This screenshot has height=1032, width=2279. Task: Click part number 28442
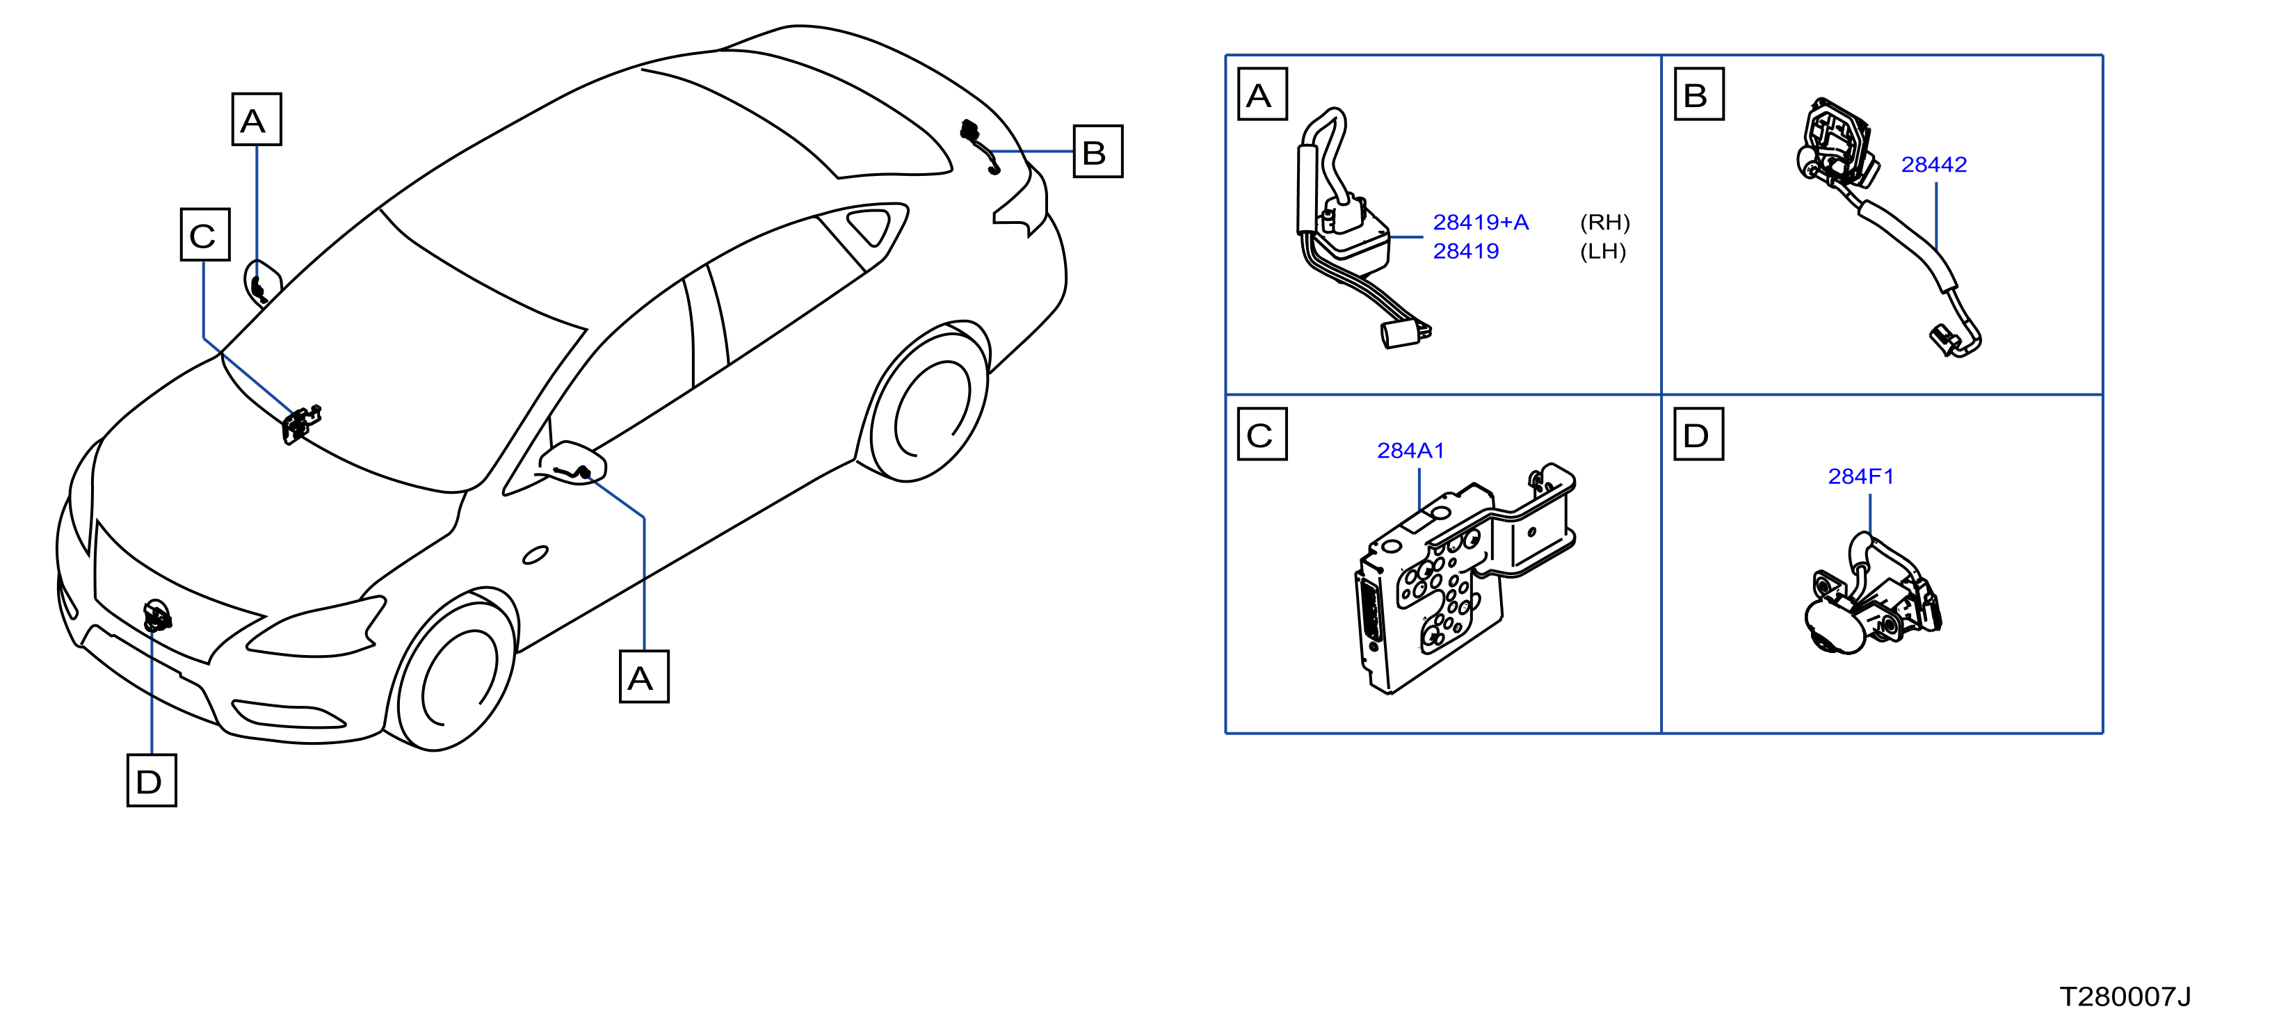(x=1933, y=165)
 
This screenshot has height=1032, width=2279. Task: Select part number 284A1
(x=1410, y=451)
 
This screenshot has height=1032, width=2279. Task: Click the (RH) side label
(x=1604, y=223)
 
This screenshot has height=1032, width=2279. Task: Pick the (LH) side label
(x=1602, y=252)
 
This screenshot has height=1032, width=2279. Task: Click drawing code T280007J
(x=2125, y=997)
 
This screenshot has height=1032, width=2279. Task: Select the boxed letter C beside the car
(x=205, y=235)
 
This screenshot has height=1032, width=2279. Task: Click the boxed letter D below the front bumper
(x=152, y=780)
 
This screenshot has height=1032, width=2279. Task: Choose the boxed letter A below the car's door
(x=644, y=677)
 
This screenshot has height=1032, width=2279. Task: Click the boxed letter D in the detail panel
(x=1698, y=434)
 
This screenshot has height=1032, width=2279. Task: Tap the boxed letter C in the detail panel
(x=1262, y=434)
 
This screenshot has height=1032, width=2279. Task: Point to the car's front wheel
(x=456, y=672)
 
